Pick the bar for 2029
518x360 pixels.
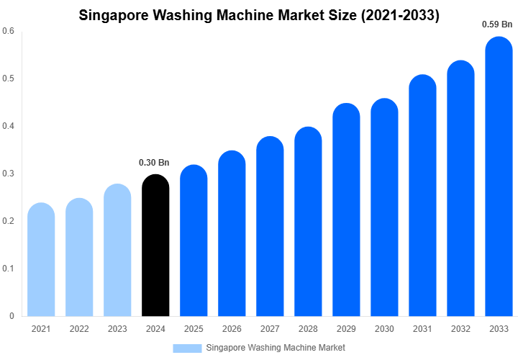point(346,212)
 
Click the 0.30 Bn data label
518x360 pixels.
point(154,163)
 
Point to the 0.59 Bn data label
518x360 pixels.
point(497,24)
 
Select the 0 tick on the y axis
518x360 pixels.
point(12,316)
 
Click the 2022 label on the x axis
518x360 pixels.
point(79,329)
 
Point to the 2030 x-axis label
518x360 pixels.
point(384,329)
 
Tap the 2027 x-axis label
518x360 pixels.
point(270,329)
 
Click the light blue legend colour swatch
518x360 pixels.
point(187,348)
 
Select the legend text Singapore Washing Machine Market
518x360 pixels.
point(276,348)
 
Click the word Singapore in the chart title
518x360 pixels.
point(116,14)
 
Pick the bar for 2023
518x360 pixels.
point(117,252)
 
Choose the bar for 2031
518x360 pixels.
point(422,198)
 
